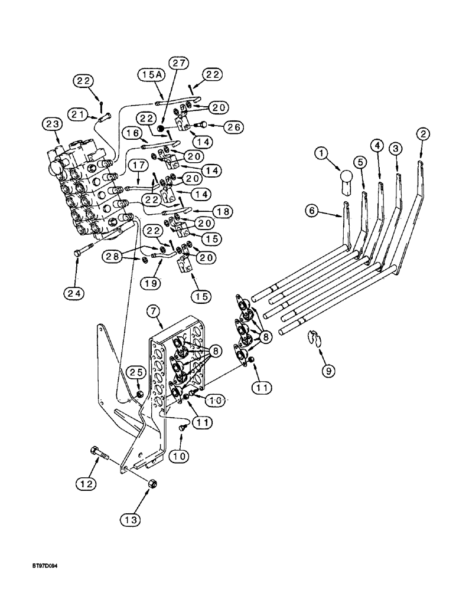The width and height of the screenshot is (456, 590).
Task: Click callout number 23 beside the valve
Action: [51, 124]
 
